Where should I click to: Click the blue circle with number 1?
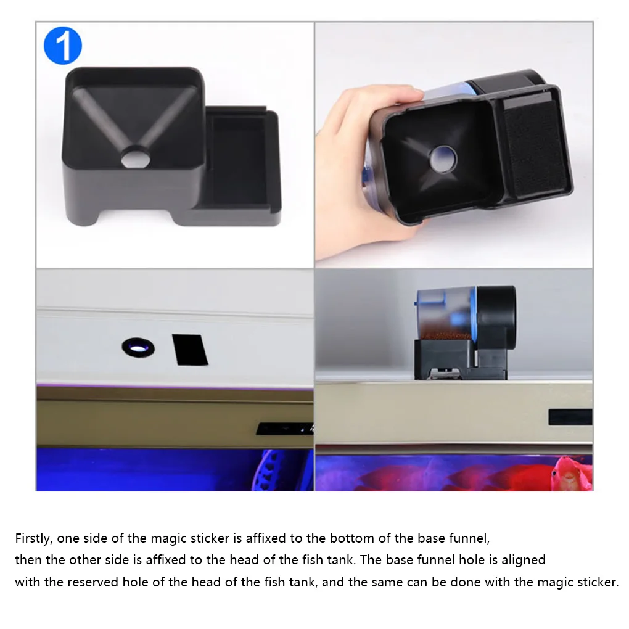62,46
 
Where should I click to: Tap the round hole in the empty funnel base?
136,158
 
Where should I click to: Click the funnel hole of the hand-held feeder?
443,159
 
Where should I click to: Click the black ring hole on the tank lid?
138,347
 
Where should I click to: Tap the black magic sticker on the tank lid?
190,350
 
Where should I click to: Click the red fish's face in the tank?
567,474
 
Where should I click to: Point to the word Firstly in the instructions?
34,538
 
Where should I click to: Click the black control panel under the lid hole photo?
285,429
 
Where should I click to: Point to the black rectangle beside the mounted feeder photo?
570,417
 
